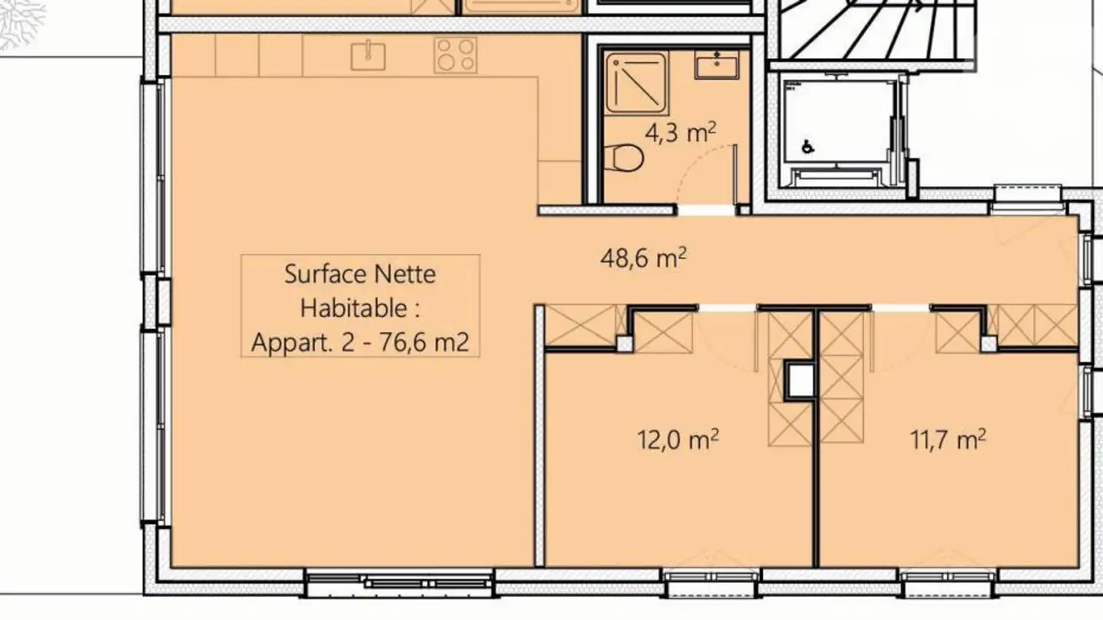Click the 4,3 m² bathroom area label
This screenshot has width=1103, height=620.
point(680,134)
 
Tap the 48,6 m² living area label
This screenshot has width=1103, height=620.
point(643,258)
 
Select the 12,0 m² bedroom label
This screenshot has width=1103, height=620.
point(677,440)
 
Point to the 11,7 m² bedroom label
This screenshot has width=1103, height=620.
point(947,440)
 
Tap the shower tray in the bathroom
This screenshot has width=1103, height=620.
point(635,80)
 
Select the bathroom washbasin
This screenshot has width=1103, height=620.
point(717,64)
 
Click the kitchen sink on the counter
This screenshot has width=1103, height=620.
point(368,55)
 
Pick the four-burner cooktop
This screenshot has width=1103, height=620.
point(456,55)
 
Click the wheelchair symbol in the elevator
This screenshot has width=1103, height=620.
point(807,145)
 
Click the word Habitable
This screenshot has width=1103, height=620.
point(361,308)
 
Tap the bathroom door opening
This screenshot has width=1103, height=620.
point(705,210)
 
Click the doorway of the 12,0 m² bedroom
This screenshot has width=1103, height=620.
point(727,308)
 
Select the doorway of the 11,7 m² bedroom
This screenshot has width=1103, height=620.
point(901,308)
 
